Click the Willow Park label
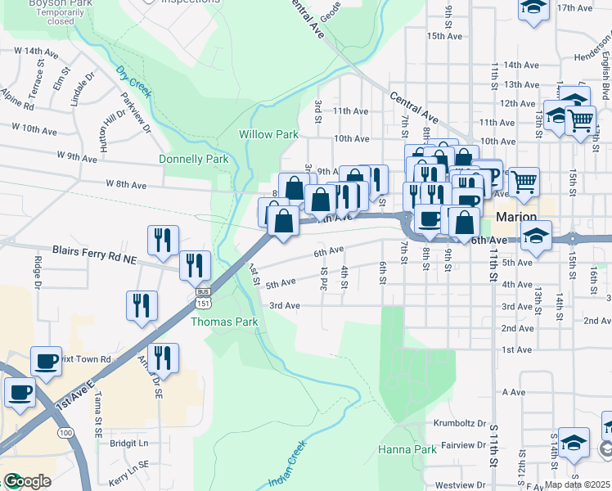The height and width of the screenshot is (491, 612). (x=268, y=133)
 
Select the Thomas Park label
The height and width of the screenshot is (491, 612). (x=224, y=322)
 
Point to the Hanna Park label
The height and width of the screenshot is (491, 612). (x=407, y=449)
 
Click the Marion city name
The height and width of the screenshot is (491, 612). (x=515, y=217)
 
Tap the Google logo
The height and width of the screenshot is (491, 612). (x=26, y=481)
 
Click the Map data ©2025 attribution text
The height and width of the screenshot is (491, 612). (x=578, y=484)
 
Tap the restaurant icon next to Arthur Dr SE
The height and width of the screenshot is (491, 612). (x=163, y=358)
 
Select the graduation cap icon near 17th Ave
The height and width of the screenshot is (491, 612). (x=533, y=7)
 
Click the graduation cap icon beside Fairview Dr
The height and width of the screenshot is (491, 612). (x=574, y=441)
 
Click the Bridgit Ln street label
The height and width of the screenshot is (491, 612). (x=128, y=443)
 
